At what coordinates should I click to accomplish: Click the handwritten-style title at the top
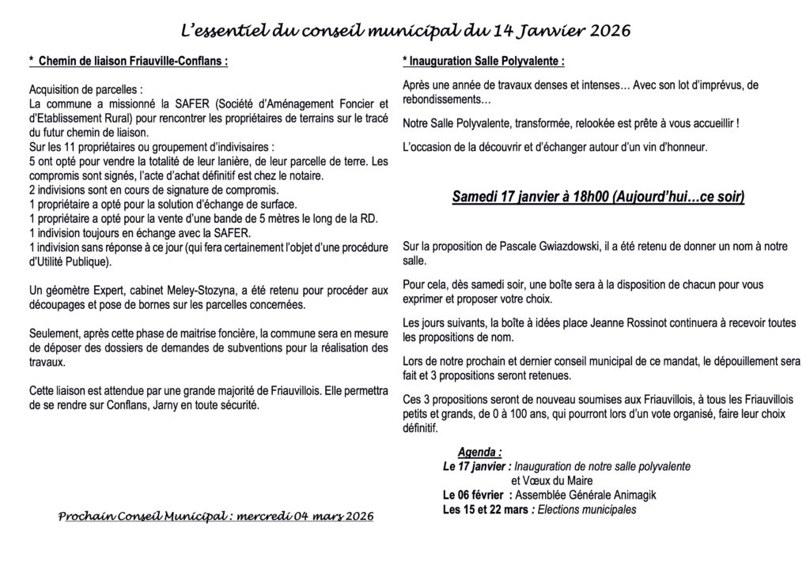(404, 31)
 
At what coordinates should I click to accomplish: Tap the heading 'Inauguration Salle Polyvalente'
(486, 61)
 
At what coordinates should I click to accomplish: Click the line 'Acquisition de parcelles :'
(87, 89)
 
